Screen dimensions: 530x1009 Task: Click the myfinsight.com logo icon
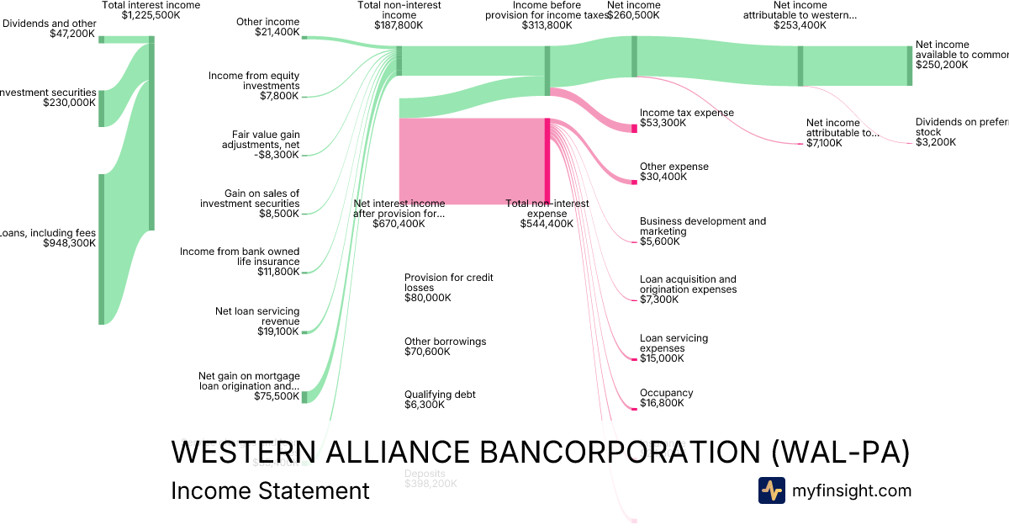tap(772, 490)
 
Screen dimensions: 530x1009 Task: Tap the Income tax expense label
tap(686, 113)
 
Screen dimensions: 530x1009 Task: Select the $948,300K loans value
tap(70, 243)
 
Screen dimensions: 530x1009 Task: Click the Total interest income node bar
tap(151, 133)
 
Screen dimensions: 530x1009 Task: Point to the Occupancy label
tap(666, 393)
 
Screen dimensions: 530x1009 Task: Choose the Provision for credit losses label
tap(448, 283)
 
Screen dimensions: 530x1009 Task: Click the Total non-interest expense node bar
tap(547, 161)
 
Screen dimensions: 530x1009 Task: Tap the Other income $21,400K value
tap(277, 32)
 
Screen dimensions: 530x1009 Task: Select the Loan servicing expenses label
tap(674, 343)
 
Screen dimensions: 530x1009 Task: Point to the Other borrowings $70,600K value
tap(427, 352)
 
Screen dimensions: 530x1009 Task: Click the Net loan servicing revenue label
tap(257, 316)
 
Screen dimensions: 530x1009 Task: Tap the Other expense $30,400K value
tap(663, 177)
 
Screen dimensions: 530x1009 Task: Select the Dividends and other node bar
tap(102, 40)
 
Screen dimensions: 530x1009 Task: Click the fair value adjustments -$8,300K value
tap(277, 155)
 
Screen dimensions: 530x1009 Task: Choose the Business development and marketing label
tap(702, 226)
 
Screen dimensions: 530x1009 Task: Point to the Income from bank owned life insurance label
tap(240, 257)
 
